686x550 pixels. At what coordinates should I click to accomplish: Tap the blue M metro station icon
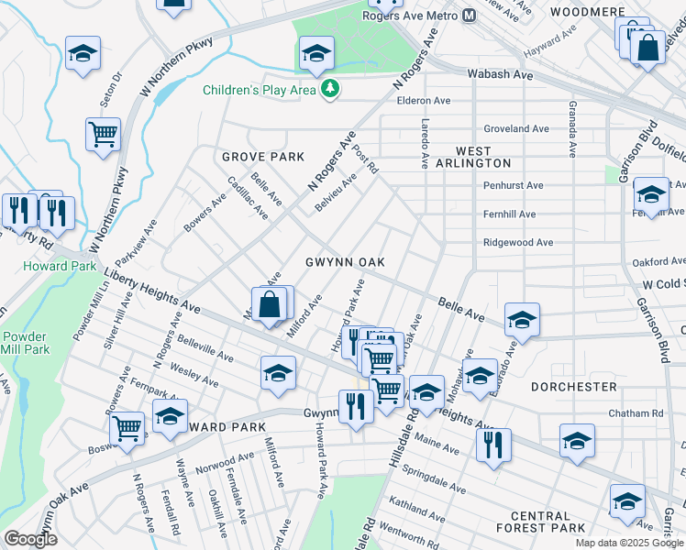pyautogui.click(x=470, y=15)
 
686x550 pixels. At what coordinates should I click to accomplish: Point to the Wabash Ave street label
pyautogui.click(x=500, y=73)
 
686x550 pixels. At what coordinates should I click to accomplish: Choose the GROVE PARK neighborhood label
pyautogui.click(x=262, y=157)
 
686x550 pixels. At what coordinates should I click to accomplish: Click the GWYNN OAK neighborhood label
pyautogui.click(x=345, y=262)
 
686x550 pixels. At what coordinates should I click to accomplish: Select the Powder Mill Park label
pyautogui.click(x=25, y=343)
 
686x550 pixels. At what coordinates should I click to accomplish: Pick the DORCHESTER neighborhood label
pyautogui.click(x=573, y=387)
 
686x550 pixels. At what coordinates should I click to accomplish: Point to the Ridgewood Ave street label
pyautogui.click(x=518, y=243)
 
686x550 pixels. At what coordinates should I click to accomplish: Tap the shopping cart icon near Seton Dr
pyautogui.click(x=104, y=135)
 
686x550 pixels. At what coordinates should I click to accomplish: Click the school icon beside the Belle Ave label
pyautogui.click(x=521, y=319)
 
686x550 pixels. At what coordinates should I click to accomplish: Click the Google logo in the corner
pyautogui.click(x=30, y=539)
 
